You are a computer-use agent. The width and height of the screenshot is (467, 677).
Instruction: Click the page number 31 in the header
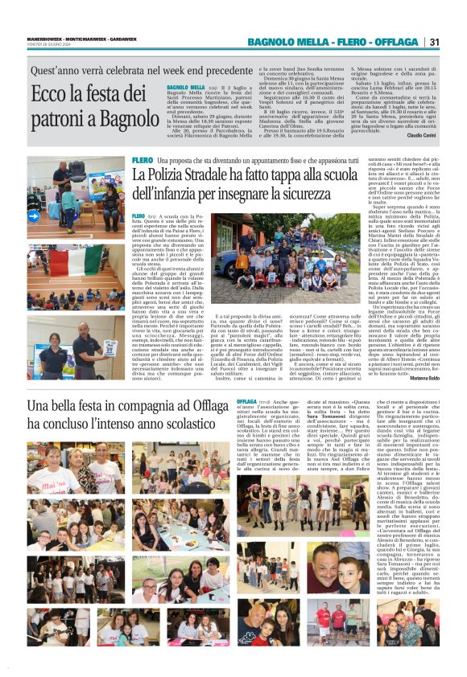[x=434, y=42]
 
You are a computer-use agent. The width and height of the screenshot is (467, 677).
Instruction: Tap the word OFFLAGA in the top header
[x=396, y=42]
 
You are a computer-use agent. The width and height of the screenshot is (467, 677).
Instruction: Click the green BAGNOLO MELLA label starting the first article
[x=184, y=87]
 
